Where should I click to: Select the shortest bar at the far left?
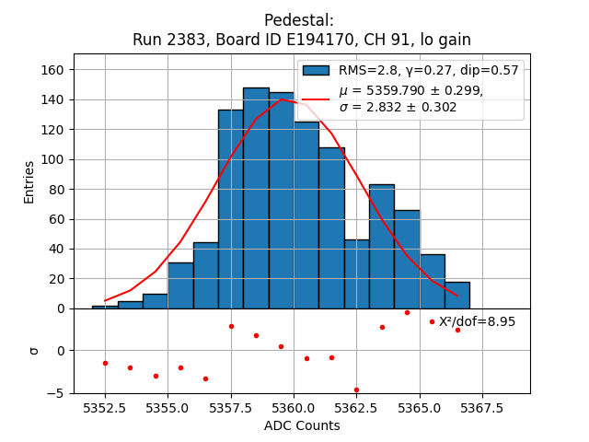105,307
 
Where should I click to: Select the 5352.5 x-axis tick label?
105,407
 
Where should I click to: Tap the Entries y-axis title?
29,181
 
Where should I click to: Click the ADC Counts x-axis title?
302,425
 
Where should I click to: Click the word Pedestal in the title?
298,20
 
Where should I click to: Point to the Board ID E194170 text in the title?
284,40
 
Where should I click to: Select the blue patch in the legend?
316,70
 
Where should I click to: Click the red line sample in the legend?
316,99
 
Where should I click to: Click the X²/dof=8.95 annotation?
477,321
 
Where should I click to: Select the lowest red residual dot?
356,390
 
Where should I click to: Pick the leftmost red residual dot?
105,363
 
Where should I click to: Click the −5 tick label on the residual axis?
58,393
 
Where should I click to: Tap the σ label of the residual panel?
33,351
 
